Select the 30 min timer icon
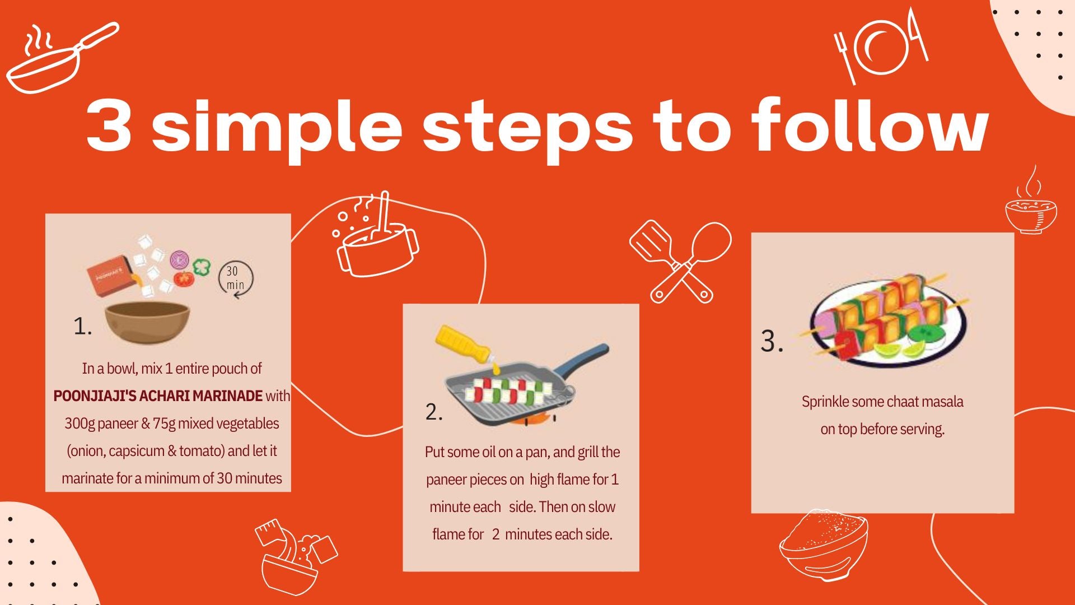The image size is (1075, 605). (x=236, y=278)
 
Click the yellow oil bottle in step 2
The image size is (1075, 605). (x=464, y=343)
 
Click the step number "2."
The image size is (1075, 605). (x=434, y=412)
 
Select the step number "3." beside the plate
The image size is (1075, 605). (x=772, y=341)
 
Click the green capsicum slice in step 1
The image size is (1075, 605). (x=201, y=267)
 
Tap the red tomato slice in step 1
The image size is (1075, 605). (x=183, y=278)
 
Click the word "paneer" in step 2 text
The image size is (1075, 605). (x=446, y=480)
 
